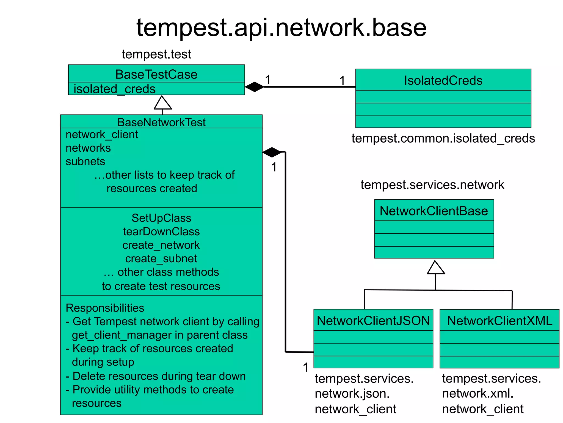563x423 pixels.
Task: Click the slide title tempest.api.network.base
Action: point(281,28)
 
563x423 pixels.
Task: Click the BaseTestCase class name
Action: point(156,74)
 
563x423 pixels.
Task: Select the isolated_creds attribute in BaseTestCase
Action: point(114,89)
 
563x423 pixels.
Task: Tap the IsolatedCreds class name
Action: point(443,80)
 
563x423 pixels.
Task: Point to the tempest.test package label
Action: point(156,54)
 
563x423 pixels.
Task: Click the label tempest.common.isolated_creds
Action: point(443,138)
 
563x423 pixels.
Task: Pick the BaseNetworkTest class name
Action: point(161,122)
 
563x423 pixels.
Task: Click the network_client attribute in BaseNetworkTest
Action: point(102,135)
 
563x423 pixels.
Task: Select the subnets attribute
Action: point(85,162)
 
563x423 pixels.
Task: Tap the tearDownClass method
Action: point(161,231)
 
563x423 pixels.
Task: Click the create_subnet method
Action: point(161,258)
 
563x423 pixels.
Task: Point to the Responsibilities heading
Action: point(105,308)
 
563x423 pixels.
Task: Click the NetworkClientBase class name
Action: point(434,211)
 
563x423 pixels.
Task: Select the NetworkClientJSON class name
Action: point(373,321)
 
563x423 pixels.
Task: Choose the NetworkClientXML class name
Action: point(499,321)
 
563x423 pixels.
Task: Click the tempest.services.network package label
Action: point(432,185)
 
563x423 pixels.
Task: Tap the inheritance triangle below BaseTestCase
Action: point(163,103)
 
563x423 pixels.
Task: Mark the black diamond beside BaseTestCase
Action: point(254,87)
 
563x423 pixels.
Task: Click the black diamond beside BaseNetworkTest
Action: point(272,152)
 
